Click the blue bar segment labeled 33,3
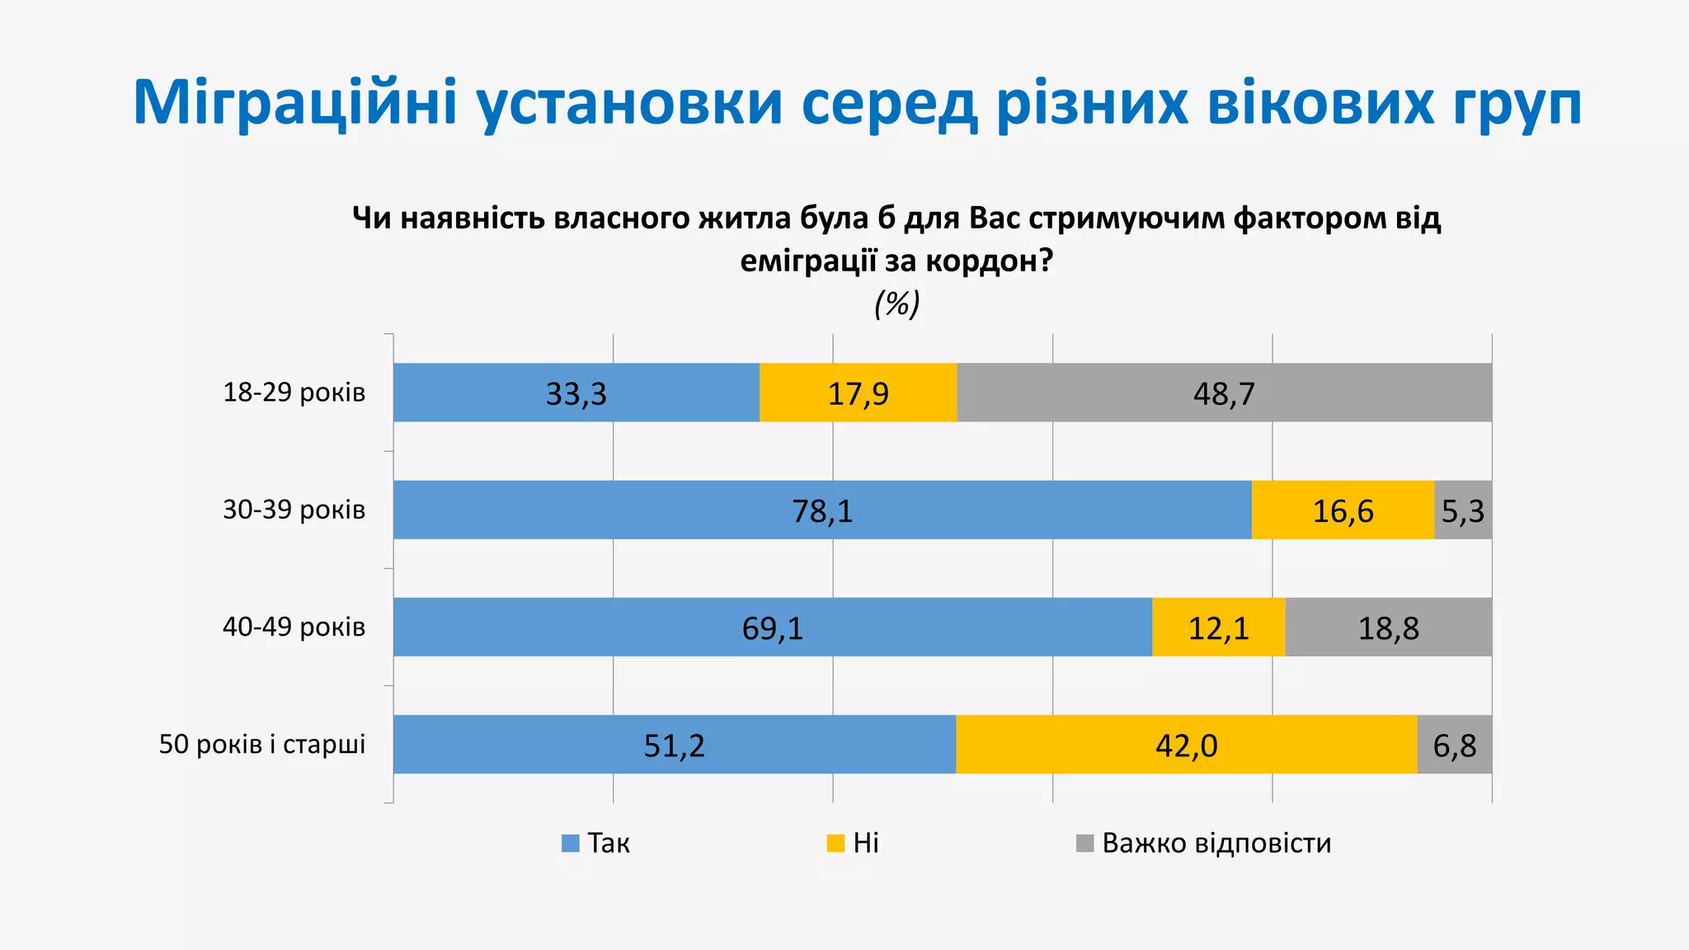pos(576,393)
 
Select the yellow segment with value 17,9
pos(858,393)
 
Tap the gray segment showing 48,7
pos(1224,393)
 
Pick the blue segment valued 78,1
pos(821,510)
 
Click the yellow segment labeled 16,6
pos(1343,510)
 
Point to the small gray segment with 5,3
pos(1463,510)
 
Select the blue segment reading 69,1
pos(772,627)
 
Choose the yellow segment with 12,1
pos(1218,627)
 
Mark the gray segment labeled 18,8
pos(1388,627)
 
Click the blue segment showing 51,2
pos(674,744)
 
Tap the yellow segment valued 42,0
pos(1186,744)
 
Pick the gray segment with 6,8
pos(1455,744)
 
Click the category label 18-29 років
pos(294,393)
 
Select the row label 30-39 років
pos(294,510)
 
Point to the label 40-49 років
pos(294,627)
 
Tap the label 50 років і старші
pos(262,744)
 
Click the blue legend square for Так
pos(570,844)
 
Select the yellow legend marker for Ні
pos(835,844)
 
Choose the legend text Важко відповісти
pos(1216,844)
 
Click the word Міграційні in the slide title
pos(294,103)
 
